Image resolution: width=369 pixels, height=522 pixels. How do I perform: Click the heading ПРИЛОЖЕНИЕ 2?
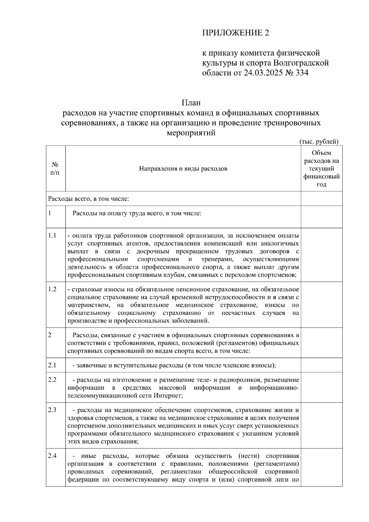click(x=235, y=33)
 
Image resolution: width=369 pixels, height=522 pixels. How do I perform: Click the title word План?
click(x=191, y=103)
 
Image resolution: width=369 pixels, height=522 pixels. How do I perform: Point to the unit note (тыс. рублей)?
click(x=319, y=141)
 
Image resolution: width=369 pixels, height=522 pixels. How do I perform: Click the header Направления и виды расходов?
click(x=183, y=169)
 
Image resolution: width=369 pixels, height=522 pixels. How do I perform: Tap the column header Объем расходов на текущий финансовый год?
click(x=321, y=169)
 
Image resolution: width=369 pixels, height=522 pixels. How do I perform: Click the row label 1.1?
click(x=52, y=236)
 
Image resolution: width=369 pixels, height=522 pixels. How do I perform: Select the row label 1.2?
click(x=52, y=289)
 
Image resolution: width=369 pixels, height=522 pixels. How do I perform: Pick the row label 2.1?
click(x=52, y=365)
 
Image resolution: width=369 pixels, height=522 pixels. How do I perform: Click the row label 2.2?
click(x=52, y=380)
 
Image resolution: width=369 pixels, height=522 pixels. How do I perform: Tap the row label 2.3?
click(x=52, y=410)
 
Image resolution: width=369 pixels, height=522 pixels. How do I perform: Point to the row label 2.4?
click(x=52, y=456)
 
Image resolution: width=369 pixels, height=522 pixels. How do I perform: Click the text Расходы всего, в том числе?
click(x=88, y=199)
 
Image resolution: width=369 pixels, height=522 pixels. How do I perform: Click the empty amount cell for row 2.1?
click(x=321, y=365)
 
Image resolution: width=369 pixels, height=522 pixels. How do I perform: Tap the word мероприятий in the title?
click(x=191, y=133)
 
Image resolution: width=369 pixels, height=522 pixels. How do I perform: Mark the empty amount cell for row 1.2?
click(x=321, y=305)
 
